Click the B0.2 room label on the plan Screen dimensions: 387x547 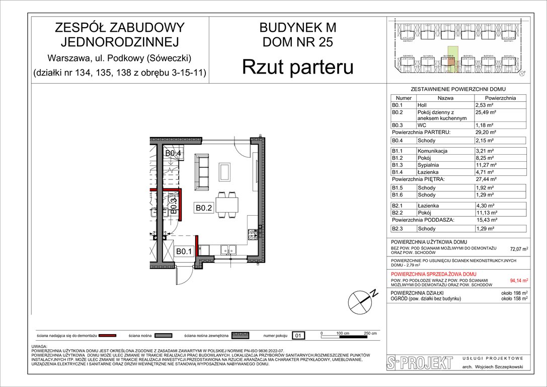point(205,207)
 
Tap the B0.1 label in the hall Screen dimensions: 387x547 point(183,251)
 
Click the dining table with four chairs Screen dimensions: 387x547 point(227,206)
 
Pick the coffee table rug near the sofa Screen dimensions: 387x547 point(224,172)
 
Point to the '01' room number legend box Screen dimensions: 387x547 point(298,335)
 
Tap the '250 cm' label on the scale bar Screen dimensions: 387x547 point(370,334)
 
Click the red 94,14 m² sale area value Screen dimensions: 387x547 point(519,281)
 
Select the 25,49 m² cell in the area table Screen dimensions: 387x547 point(486,112)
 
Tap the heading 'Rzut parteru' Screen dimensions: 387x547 point(297,68)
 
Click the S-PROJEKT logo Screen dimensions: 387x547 point(416,363)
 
